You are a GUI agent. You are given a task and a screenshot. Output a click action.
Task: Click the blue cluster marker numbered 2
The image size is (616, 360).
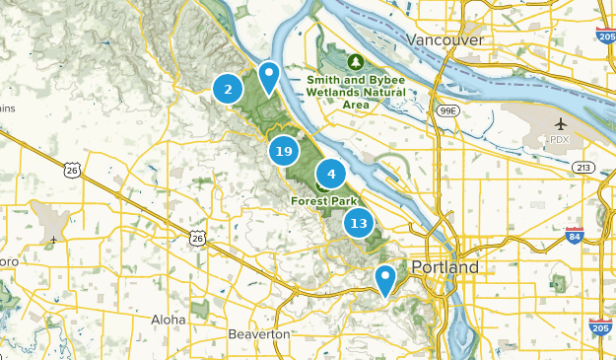pos(228,90)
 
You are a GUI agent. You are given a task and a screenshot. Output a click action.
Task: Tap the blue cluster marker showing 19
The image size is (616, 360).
pos(284,151)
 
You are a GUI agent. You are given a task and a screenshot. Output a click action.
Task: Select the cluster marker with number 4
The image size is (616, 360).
pos(331,175)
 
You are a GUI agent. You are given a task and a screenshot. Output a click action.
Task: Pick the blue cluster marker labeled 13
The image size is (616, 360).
pos(359,223)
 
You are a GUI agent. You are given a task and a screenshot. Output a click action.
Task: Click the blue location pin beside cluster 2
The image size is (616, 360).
pos(268,76)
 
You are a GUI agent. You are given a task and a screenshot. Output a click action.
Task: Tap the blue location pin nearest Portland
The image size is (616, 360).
pos(385,279)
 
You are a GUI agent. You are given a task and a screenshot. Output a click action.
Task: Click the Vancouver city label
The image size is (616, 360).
pos(445,39)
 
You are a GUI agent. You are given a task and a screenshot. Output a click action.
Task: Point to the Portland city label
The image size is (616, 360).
pos(445,267)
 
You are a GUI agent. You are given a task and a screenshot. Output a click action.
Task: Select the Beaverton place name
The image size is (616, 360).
pos(259,334)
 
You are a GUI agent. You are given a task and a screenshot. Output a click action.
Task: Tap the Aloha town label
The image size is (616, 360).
pos(168,320)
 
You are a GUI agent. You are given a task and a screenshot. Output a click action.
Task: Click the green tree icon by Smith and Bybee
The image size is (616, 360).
pos(356,60)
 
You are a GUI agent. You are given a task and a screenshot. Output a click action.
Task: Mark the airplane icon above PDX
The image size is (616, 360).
pos(561,124)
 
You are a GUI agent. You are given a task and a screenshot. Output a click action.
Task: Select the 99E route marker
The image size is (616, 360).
pos(448,111)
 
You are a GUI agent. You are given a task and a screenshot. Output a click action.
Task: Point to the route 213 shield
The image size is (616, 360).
pos(583,167)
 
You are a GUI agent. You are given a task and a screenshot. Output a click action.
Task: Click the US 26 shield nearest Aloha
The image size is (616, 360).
pos(198,237)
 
